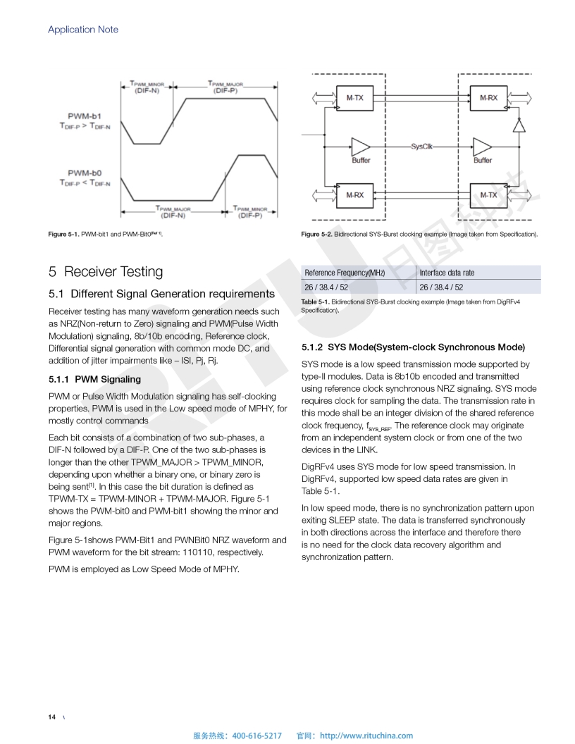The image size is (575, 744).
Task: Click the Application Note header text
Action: tap(83, 30)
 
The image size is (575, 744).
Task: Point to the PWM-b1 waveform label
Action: tap(85, 114)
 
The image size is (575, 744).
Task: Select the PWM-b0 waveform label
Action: tap(85, 173)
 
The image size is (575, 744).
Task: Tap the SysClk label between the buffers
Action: tap(421, 147)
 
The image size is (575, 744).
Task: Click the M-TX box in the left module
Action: tap(354, 97)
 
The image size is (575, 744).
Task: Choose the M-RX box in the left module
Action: tap(354, 195)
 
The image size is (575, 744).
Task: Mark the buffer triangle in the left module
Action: tap(360, 147)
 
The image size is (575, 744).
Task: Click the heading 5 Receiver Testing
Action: tap(106, 272)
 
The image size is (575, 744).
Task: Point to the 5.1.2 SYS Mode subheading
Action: tap(413, 347)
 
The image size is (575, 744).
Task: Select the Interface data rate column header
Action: tap(447, 273)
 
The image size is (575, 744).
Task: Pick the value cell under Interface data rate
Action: tap(441, 287)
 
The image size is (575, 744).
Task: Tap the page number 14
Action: tap(52, 717)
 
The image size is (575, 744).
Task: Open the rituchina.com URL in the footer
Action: tap(366, 736)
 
